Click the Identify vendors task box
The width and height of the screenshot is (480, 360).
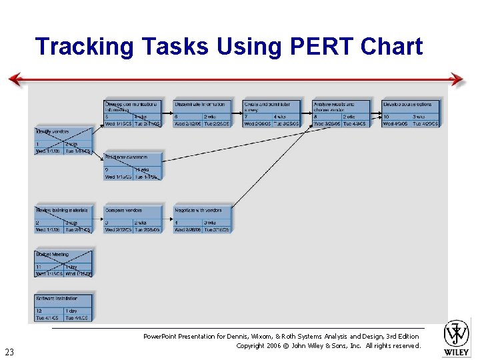63,141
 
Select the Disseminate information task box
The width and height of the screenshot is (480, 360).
202,113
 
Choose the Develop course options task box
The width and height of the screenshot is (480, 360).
411,113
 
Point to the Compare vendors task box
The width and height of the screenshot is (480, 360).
133,220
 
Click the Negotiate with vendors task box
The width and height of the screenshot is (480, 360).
202,220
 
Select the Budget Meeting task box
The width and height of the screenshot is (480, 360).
63,264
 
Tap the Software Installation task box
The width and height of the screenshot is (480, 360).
63,308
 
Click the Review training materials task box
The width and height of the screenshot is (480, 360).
63,220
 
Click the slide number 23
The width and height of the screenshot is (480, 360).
9,352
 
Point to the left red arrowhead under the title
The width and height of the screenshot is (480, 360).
15,80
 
